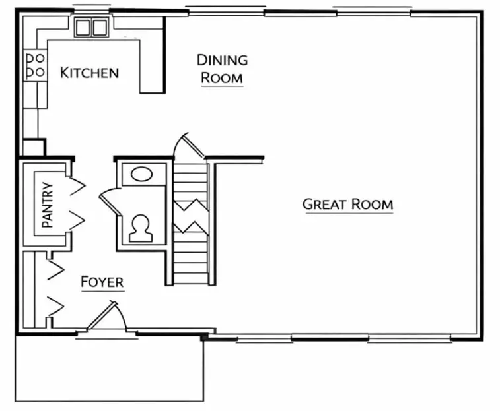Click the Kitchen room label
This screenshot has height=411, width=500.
tap(89, 72)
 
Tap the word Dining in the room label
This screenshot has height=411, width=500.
tap(222, 60)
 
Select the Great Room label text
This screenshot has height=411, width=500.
tap(347, 204)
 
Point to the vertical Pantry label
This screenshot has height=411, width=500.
tap(47, 205)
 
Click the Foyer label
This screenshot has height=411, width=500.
tap(102, 282)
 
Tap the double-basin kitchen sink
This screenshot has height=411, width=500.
tap(91, 28)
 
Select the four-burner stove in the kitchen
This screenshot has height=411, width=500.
tap(35, 64)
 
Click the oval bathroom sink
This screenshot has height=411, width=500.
tap(141, 174)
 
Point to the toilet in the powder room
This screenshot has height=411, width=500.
tap(141, 226)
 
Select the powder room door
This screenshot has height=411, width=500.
tap(108, 199)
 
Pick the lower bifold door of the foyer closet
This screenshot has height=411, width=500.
tap(55, 305)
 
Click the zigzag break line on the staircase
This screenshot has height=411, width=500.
tap(191, 215)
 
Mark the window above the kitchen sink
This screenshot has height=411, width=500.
tap(91, 9)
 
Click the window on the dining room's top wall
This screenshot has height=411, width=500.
tap(225, 10)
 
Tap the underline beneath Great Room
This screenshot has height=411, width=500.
tap(347, 213)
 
